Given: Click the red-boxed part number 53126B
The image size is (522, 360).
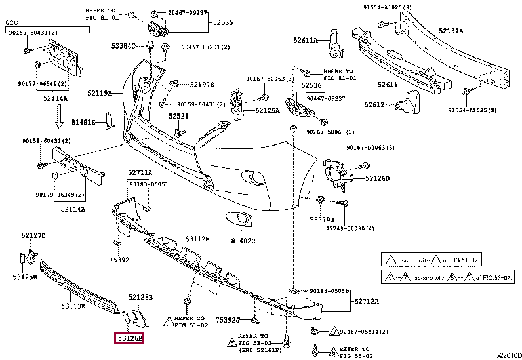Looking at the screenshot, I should (x=130, y=338).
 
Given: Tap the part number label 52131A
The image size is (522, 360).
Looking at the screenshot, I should (x=451, y=31).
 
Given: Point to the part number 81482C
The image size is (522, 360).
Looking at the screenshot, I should (x=243, y=241).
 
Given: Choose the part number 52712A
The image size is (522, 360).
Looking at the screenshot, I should (x=368, y=302).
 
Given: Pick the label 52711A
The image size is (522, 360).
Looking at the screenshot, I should (x=140, y=172).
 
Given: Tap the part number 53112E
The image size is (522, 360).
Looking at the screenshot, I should (x=197, y=239).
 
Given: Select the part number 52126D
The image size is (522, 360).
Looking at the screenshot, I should (x=377, y=178).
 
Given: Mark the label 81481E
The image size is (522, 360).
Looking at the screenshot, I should (x=83, y=122).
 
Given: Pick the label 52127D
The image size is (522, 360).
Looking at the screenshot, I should (x=33, y=235).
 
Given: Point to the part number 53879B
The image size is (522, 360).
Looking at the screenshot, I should (x=321, y=220).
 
